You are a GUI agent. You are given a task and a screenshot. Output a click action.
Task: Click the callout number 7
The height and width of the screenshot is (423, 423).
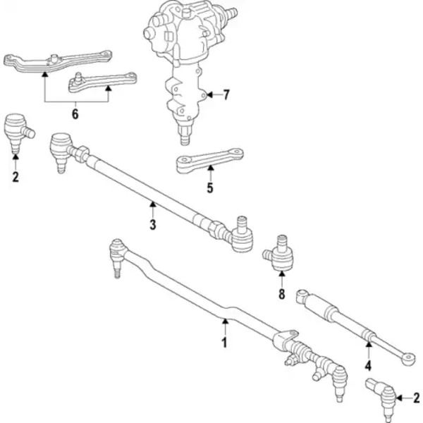[x=226, y=95]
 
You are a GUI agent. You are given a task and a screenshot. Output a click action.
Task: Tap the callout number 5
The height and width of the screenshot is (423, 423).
[x=209, y=188]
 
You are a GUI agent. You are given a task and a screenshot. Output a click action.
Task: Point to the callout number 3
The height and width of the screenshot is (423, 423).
[x=152, y=225]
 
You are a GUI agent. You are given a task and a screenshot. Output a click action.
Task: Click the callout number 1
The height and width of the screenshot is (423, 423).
[x=224, y=343]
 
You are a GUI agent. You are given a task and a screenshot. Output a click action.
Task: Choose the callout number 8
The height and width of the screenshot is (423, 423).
[x=281, y=295]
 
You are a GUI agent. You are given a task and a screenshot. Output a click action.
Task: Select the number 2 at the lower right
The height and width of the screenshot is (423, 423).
[x=416, y=399]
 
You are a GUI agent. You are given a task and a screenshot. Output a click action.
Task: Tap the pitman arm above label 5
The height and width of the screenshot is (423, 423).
[x=209, y=161]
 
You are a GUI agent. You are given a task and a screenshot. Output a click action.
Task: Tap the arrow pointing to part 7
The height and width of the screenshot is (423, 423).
[x=211, y=95]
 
